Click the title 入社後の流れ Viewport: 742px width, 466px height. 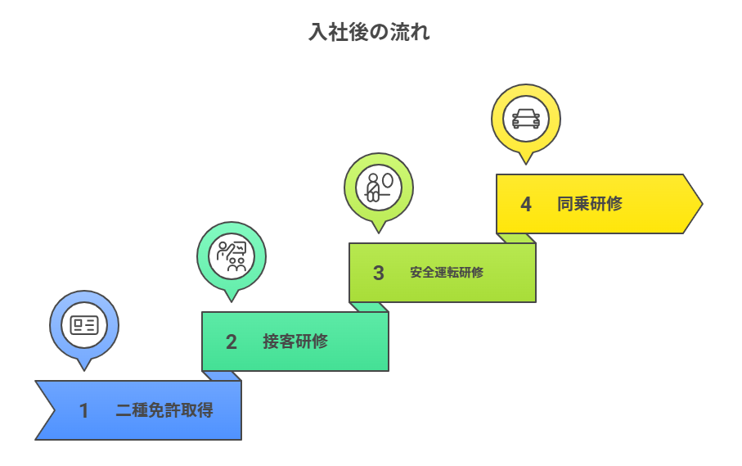pyautogui.click(x=371, y=33)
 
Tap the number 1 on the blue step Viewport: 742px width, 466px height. pyautogui.click(x=83, y=410)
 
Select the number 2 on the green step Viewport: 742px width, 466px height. pyautogui.click(x=232, y=342)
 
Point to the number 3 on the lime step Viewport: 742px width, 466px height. pyautogui.click(x=379, y=273)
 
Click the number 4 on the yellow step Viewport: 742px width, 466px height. pyautogui.click(x=526, y=204)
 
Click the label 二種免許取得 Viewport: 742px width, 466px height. pyautogui.click(x=164, y=410)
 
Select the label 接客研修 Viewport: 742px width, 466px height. pyautogui.click(x=295, y=342)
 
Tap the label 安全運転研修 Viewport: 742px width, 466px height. pyautogui.click(x=447, y=273)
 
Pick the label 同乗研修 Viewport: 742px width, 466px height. pyautogui.click(x=590, y=204)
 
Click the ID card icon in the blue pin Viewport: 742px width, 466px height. pyautogui.click(x=84, y=325)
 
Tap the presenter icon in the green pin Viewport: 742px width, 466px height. pyautogui.click(x=232, y=256)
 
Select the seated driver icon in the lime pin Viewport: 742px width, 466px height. pyautogui.click(x=379, y=188)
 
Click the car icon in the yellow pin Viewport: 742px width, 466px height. pyautogui.click(x=526, y=118)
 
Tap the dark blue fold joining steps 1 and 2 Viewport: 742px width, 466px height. pyautogui.click(x=222, y=376)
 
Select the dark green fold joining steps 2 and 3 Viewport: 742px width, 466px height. pyautogui.click(x=369, y=307)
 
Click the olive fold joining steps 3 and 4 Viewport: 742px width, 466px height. pyautogui.click(x=516, y=238)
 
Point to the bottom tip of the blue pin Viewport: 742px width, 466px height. pyautogui.click(x=84, y=369)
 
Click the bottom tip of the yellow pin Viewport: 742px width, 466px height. pyautogui.click(x=526, y=163)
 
